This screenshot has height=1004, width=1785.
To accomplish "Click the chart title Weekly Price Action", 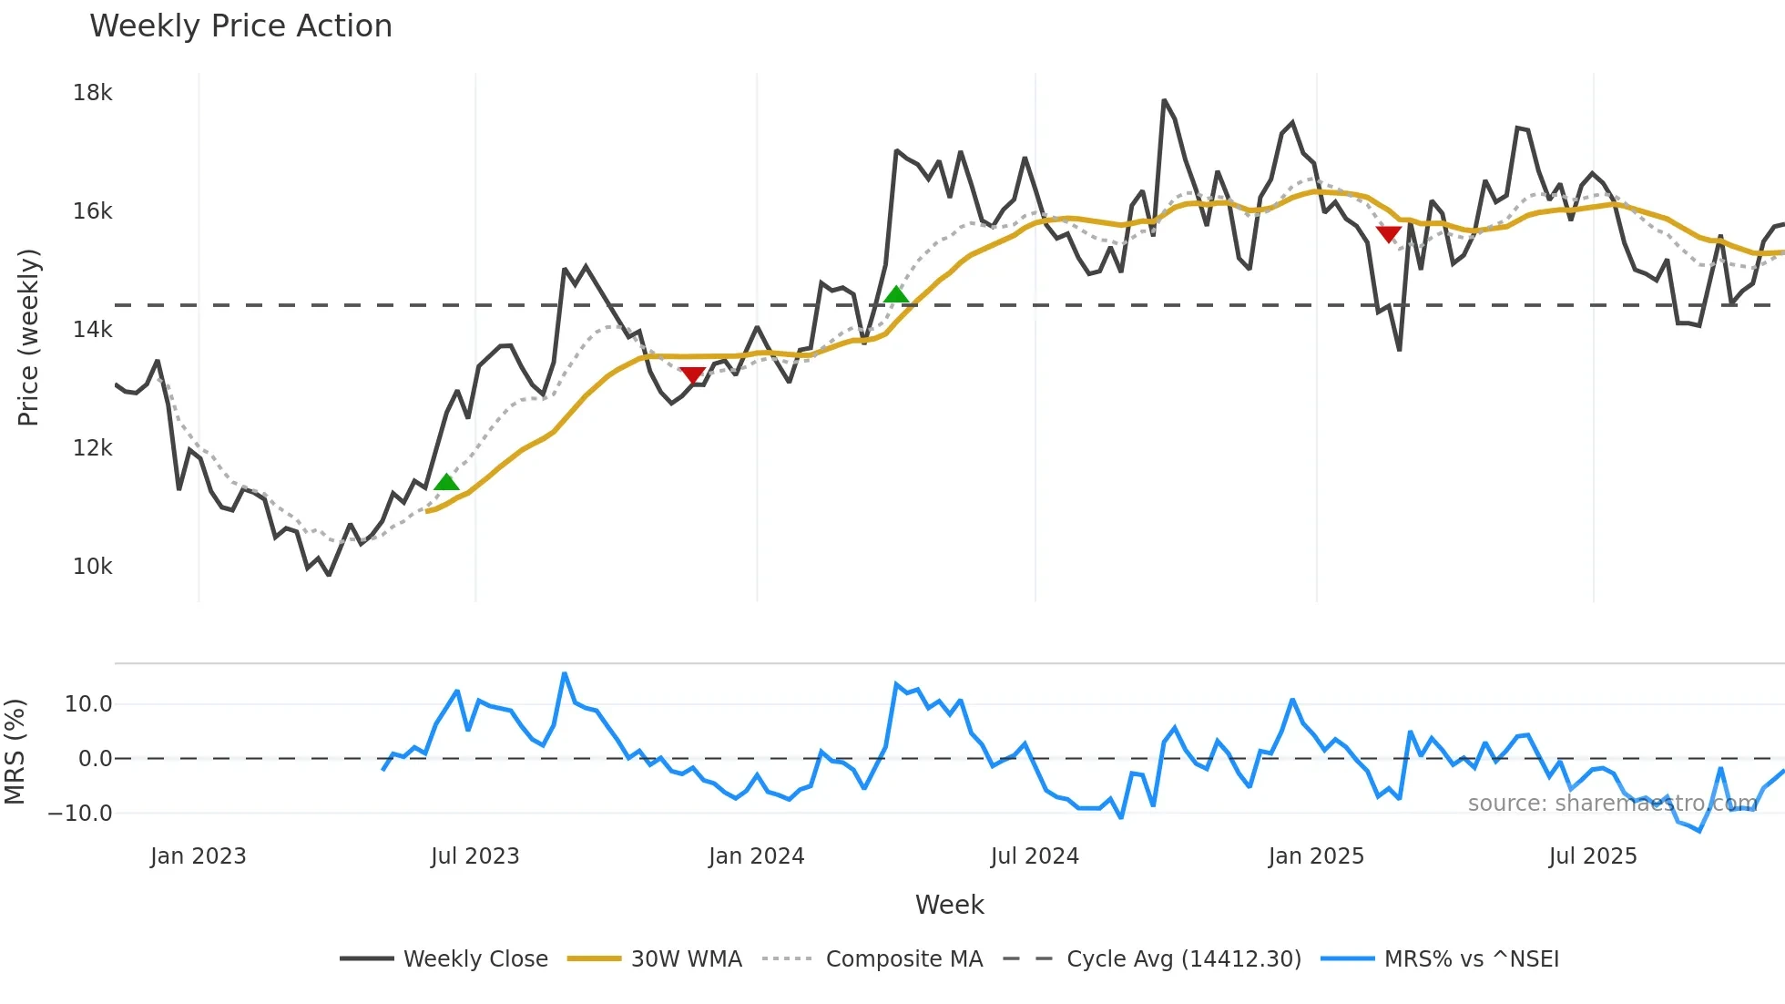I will click(240, 26).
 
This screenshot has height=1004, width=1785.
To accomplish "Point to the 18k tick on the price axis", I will click(92, 93).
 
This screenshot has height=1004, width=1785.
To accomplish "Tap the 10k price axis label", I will click(92, 567).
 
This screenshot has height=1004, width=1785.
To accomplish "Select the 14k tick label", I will click(92, 330).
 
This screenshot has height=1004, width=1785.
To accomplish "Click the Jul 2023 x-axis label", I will click(474, 856).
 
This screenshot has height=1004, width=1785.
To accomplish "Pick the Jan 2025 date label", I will click(1315, 856).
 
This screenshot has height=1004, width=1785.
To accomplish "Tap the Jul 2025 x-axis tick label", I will click(1592, 856).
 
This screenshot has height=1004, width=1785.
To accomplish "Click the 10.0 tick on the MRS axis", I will click(88, 704).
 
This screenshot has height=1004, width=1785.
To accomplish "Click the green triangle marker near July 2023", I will click(446, 483).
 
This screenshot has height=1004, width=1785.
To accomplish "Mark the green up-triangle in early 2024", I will click(896, 294).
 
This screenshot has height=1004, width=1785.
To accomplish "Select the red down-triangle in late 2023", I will click(692, 375).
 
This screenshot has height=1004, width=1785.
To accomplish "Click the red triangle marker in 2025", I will click(1388, 234).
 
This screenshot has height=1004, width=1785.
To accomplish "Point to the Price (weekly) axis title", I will click(28, 337).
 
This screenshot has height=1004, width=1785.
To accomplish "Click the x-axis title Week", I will click(949, 905).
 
